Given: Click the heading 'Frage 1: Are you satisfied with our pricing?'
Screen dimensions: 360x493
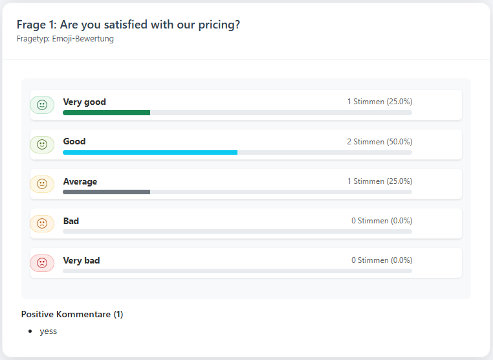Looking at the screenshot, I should point(129,25).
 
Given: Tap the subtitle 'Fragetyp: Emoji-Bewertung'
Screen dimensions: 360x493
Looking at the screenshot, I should point(65,39).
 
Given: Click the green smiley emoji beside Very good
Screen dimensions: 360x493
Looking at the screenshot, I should point(42,105).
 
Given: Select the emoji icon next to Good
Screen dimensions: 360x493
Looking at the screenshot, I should point(42,144).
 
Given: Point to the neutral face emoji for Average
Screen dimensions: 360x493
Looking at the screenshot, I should point(42,184).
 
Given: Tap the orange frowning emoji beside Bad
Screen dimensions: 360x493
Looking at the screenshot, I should point(42,223).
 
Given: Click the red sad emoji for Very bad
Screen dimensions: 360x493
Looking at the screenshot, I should point(42,263).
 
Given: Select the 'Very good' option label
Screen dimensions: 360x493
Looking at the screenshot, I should point(84,102).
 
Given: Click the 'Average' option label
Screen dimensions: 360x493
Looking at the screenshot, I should point(80,181).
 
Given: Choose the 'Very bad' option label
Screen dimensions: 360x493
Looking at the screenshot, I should point(81,260).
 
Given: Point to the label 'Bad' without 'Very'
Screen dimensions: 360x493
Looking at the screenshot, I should point(71,221).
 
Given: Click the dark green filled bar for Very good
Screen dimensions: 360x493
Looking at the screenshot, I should point(106,113).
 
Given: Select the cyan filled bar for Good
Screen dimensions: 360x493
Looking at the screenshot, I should point(150,152).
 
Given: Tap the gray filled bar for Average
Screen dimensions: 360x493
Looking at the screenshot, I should point(106,192).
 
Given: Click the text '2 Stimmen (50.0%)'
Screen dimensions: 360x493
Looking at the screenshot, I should point(379,142).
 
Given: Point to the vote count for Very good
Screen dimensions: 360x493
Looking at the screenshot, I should point(379,102).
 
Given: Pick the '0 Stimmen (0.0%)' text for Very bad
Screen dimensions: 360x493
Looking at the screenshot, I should point(381,260).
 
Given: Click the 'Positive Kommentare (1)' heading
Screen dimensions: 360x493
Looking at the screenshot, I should point(72,314).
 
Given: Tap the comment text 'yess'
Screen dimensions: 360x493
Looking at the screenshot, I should point(48,331).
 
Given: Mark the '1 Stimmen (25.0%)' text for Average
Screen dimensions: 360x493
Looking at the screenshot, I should point(379,181).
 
